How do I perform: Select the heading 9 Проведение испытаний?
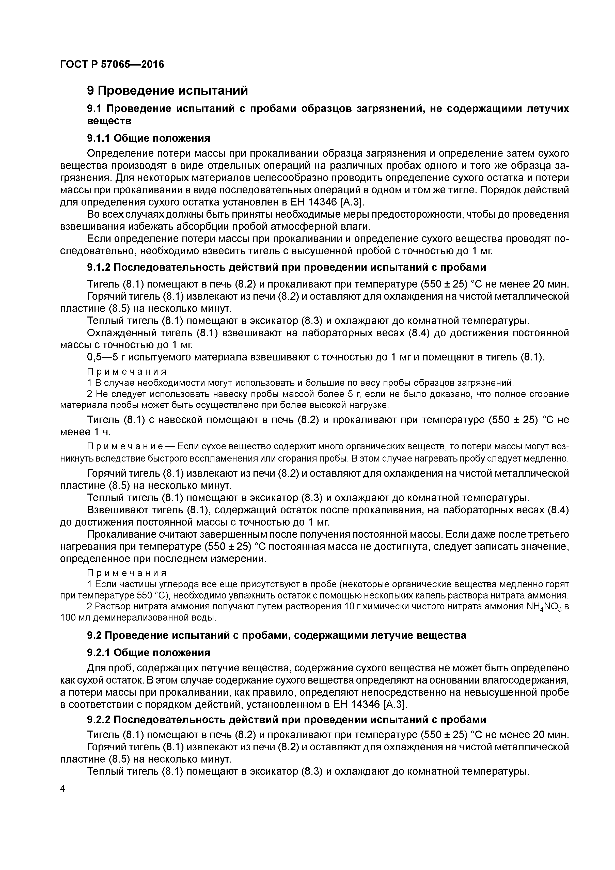[167, 91]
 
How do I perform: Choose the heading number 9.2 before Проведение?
[95, 636]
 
